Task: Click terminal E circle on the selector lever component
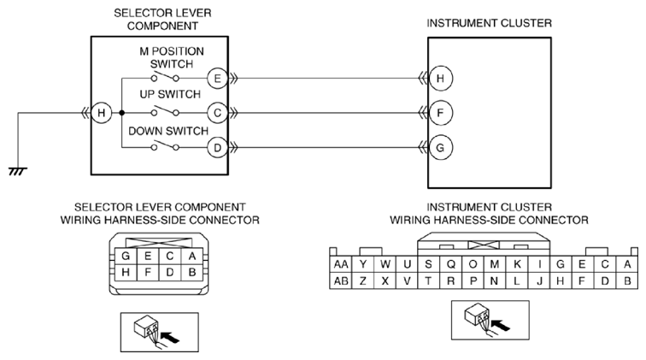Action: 218,79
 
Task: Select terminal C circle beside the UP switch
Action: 218,113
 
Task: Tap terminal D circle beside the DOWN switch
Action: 218,148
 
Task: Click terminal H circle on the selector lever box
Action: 102,113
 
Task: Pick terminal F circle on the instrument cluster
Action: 440,113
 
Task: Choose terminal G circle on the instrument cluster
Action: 440,148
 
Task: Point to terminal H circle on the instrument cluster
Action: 440,79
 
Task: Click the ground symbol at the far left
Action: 18,171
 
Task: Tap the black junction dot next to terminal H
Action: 121,113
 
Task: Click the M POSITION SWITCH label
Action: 172,58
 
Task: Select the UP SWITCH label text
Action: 170,94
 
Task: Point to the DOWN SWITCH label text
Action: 168,131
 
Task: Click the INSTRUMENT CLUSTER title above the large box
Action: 489,23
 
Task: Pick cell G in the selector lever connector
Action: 126,256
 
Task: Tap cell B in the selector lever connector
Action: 191,272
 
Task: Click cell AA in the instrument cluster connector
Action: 341,264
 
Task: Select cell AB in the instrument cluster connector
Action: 341,280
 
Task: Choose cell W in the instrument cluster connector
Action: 385,264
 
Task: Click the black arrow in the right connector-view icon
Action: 501,325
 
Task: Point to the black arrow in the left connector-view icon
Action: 171,337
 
